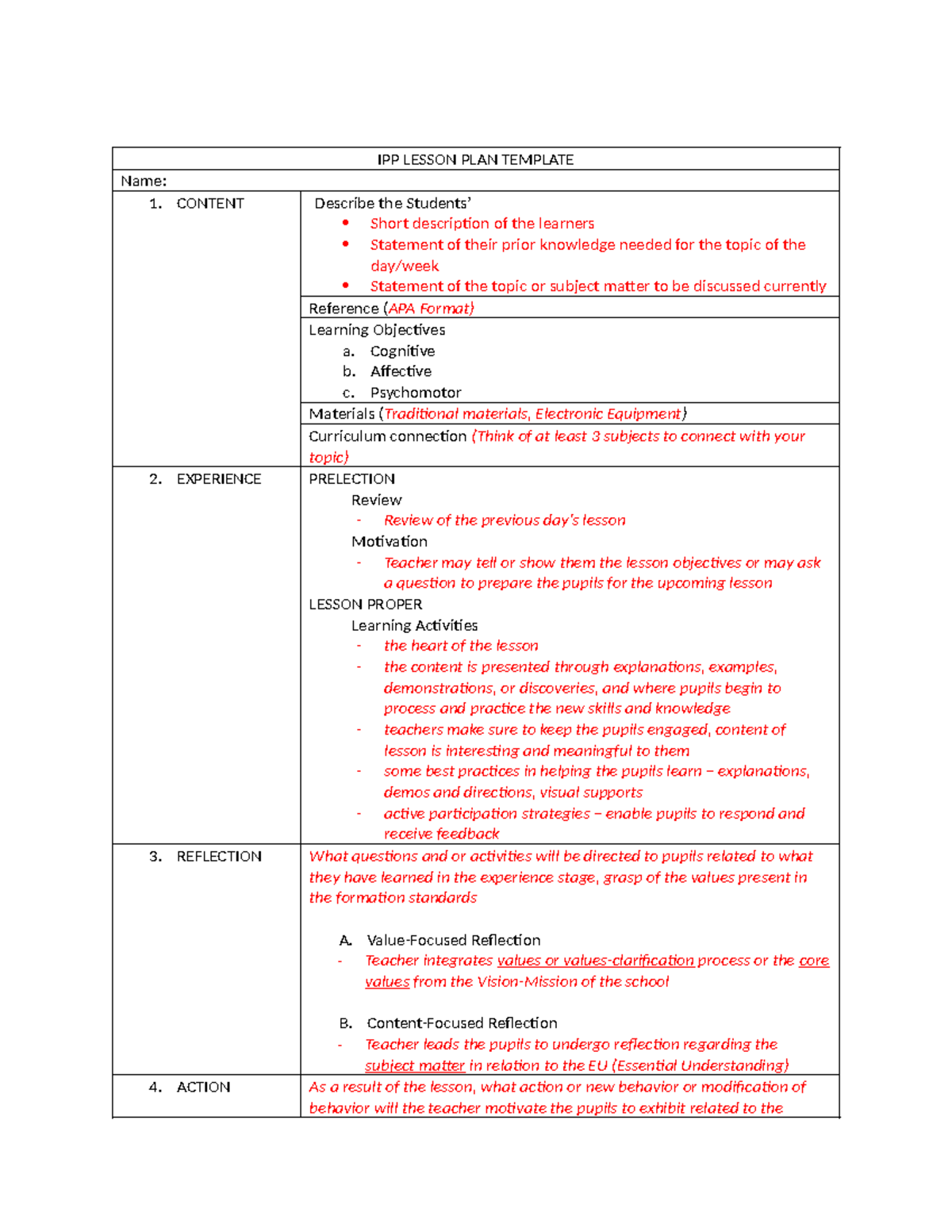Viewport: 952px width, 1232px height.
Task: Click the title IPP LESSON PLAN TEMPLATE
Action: click(475, 159)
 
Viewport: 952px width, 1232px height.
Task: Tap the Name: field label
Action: click(144, 181)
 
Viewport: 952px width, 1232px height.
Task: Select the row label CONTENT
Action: click(210, 203)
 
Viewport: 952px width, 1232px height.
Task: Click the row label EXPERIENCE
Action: click(218, 478)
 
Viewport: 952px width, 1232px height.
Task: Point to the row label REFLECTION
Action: click(219, 856)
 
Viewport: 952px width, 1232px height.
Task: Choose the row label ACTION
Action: click(203, 1087)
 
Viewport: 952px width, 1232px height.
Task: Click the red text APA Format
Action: click(430, 308)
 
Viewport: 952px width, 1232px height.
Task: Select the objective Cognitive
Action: click(402, 351)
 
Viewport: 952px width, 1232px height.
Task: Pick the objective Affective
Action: click(401, 371)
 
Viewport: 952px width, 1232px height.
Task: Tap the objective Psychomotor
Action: click(415, 392)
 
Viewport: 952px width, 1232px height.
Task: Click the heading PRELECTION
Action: click(351, 478)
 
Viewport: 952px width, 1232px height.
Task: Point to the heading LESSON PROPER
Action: click(365, 604)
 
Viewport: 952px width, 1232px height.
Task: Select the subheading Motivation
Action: click(389, 541)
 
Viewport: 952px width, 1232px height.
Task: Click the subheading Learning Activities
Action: click(414, 625)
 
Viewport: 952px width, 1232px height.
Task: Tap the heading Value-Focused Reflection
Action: click(453, 940)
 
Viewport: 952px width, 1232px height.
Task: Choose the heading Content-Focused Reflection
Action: click(462, 1023)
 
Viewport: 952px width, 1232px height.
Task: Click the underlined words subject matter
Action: click(414, 1065)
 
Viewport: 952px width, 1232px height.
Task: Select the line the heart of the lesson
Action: click(461, 646)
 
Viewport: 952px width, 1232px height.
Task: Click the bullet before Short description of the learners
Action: click(346, 223)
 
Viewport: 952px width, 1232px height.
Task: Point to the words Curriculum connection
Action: click(387, 436)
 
